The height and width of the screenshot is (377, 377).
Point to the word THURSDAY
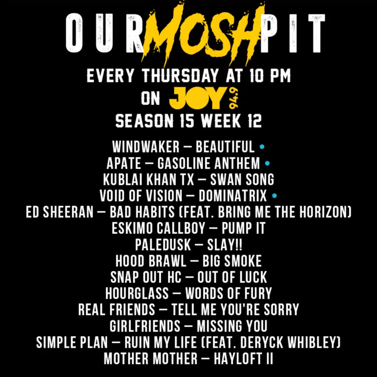180,76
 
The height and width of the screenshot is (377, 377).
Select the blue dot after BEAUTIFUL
262,147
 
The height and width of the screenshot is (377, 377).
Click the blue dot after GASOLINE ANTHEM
267,163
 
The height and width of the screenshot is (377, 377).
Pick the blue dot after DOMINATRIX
274,196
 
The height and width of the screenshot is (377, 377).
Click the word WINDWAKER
146,147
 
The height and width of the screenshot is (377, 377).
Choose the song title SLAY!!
225,244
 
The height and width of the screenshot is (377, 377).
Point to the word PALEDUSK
163,244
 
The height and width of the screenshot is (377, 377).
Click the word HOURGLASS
137,293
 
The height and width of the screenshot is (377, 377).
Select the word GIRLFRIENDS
145,326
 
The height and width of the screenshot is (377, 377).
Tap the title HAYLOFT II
243,358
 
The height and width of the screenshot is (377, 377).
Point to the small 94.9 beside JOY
233,98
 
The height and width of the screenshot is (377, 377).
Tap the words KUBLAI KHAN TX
148,179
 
